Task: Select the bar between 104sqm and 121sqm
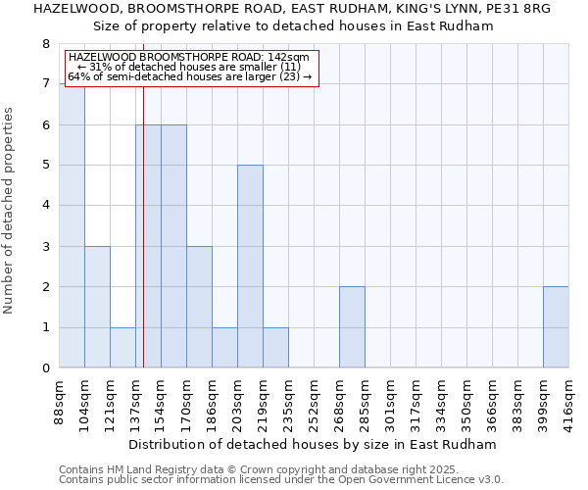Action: tap(97, 308)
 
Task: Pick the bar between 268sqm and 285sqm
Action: tap(352, 327)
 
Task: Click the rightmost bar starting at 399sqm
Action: tap(556, 327)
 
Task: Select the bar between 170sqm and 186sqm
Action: tap(199, 308)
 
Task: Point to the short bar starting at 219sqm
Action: tap(275, 348)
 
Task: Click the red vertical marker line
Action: tap(143, 245)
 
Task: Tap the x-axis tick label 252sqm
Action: tap(314, 401)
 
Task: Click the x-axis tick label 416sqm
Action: tap(568, 401)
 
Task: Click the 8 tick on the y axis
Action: tap(45, 44)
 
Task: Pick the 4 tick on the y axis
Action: tap(45, 206)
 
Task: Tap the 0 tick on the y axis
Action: tap(45, 368)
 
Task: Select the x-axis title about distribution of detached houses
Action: tap(313, 444)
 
